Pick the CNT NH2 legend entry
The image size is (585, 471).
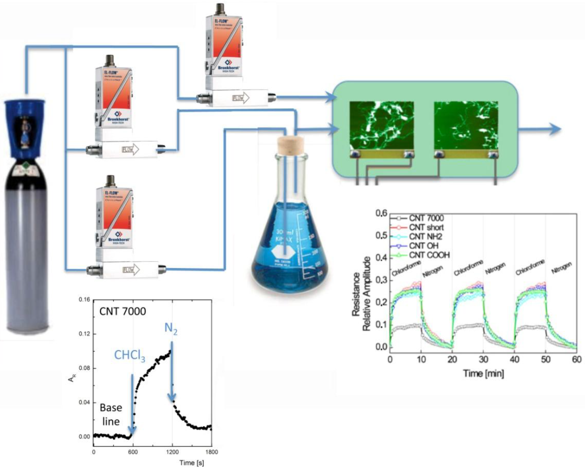tap(425, 237)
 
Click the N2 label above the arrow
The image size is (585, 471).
tap(171, 329)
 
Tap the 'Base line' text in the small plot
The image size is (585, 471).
tap(111, 414)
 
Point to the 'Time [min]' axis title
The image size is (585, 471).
tap(483, 374)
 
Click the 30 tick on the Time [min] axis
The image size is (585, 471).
tap(483, 359)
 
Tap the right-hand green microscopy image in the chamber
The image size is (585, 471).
tap(466, 126)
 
